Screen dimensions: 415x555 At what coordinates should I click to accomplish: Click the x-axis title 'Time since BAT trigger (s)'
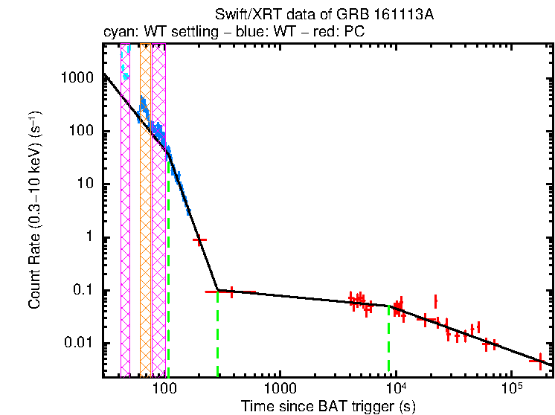tap(327, 406)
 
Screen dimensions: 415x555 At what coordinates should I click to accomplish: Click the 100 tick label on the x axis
tap(164, 388)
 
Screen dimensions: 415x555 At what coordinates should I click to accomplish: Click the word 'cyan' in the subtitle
tap(117, 32)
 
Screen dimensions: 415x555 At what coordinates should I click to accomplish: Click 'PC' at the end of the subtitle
tap(355, 32)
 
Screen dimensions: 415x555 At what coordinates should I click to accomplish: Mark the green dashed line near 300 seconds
tap(217, 335)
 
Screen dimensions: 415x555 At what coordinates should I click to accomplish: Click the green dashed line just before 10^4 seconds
tap(388, 342)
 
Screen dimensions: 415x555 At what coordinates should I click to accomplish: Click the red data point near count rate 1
tap(199, 240)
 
